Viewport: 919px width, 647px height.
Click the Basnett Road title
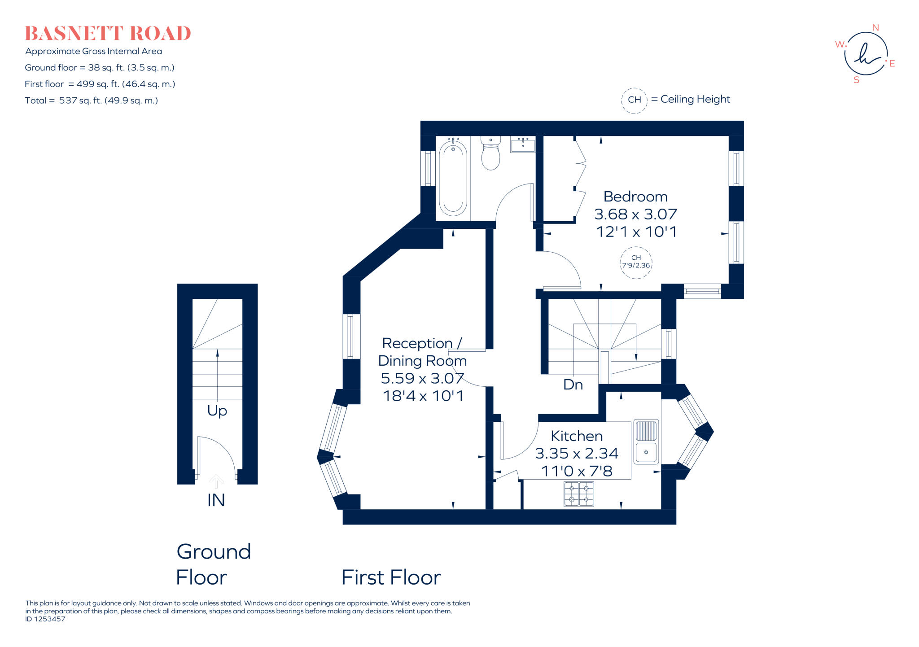[x=108, y=34]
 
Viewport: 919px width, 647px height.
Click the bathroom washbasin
[x=523, y=145]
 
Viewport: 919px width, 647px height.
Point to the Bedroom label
[x=635, y=197]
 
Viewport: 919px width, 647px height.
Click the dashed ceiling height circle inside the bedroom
[x=636, y=262]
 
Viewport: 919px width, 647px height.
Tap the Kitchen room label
[x=576, y=436]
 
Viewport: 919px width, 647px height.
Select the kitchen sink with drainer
[x=646, y=442]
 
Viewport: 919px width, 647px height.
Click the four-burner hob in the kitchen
[x=579, y=494]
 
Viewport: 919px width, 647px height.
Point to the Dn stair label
[x=573, y=385]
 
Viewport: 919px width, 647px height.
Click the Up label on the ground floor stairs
[x=217, y=411]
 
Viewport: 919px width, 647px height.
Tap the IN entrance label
[x=216, y=500]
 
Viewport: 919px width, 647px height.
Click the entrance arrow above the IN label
[x=216, y=481]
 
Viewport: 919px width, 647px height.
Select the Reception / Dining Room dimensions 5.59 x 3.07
[x=422, y=378]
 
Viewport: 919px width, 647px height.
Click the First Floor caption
[x=391, y=577]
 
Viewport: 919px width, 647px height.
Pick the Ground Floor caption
[x=213, y=564]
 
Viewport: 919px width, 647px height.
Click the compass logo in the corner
[x=866, y=54]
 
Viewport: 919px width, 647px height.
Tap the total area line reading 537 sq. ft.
[x=92, y=101]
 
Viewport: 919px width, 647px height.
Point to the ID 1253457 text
[x=45, y=619]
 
